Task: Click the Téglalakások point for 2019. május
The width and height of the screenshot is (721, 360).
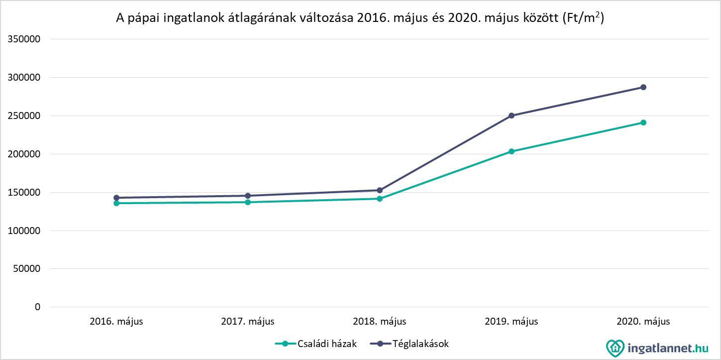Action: [512, 116]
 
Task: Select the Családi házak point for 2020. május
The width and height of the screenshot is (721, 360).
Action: [643, 122]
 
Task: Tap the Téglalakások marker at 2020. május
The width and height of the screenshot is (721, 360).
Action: [643, 87]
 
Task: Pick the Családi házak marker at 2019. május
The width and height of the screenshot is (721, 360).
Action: [512, 151]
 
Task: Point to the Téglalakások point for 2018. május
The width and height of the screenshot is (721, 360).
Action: [380, 190]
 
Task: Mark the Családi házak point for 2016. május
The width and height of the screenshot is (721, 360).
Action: [116, 203]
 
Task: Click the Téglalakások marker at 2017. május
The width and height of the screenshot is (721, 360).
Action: [248, 196]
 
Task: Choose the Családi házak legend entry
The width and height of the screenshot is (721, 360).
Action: [316, 344]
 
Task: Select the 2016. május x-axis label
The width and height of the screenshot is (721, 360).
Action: [116, 321]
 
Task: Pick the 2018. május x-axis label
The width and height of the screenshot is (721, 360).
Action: [380, 321]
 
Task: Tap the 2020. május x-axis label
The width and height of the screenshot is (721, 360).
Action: [643, 321]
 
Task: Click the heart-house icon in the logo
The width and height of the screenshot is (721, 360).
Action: [615, 347]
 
